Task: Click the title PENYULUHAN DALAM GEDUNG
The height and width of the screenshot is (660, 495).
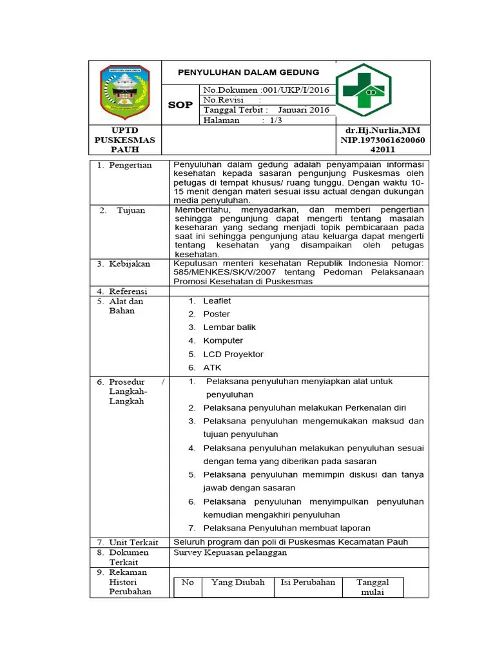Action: (248, 72)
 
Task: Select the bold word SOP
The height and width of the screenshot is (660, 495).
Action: (180, 104)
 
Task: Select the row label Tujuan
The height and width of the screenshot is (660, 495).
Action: (131, 210)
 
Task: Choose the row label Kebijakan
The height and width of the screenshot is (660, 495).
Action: (130, 264)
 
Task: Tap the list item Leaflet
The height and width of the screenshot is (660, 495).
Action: (217, 301)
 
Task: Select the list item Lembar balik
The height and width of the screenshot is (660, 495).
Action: (229, 327)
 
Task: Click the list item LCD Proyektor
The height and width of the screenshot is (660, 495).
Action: (233, 354)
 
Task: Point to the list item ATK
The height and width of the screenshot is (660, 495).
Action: (212, 367)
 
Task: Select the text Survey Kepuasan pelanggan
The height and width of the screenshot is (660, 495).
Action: (230, 552)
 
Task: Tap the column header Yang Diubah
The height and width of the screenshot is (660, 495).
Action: (237, 582)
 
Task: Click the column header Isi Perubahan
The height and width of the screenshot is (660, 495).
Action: (307, 582)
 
